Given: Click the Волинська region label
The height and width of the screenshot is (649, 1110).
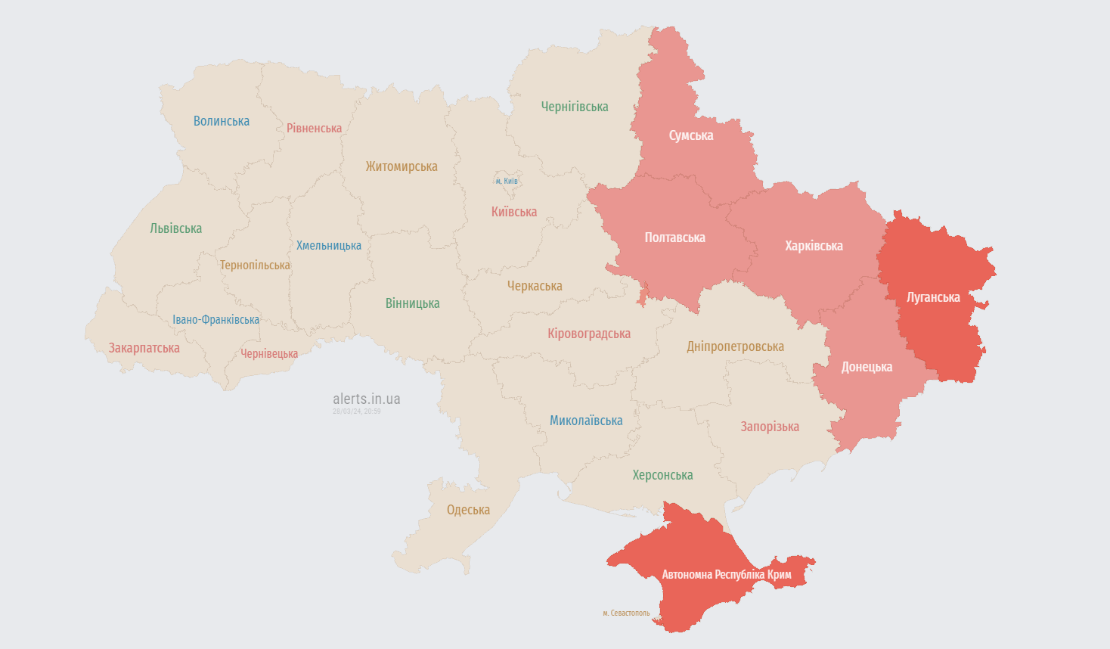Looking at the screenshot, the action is (x=221, y=121).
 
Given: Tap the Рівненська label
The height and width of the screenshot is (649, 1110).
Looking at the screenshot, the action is (x=314, y=129).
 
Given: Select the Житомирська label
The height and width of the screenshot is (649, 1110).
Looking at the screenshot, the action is (x=402, y=166).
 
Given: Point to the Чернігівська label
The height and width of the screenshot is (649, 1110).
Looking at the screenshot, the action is (x=574, y=107).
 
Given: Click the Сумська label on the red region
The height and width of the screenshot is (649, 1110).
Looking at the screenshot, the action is (x=690, y=135).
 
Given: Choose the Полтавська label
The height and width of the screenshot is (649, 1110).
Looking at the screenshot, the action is (x=674, y=238).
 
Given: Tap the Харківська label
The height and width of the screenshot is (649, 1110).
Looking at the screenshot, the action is (x=814, y=246).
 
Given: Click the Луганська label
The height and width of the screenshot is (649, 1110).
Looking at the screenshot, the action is (x=933, y=297).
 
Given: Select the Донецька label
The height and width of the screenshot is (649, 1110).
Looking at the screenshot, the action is (x=867, y=367).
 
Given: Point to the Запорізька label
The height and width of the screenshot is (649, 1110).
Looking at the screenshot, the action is (x=770, y=427).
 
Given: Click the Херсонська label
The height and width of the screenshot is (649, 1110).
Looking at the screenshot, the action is (x=662, y=475).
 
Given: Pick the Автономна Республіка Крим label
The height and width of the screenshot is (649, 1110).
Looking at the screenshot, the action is (x=727, y=575).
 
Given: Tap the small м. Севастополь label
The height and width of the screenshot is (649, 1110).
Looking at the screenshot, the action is (x=626, y=613).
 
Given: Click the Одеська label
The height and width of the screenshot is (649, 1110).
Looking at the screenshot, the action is (x=468, y=510).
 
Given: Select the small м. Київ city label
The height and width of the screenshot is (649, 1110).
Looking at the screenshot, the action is (x=507, y=182).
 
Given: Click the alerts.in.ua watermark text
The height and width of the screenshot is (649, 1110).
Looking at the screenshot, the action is (x=367, y=399).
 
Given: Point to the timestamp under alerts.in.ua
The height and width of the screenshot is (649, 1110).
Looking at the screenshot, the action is (x=357, y=411).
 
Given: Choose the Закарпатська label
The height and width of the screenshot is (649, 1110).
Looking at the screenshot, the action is (x=144, y=348).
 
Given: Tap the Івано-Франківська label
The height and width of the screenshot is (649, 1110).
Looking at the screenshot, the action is (x=215, y=320).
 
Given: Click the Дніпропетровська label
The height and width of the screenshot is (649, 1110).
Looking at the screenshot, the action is (x=735, y=346).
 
